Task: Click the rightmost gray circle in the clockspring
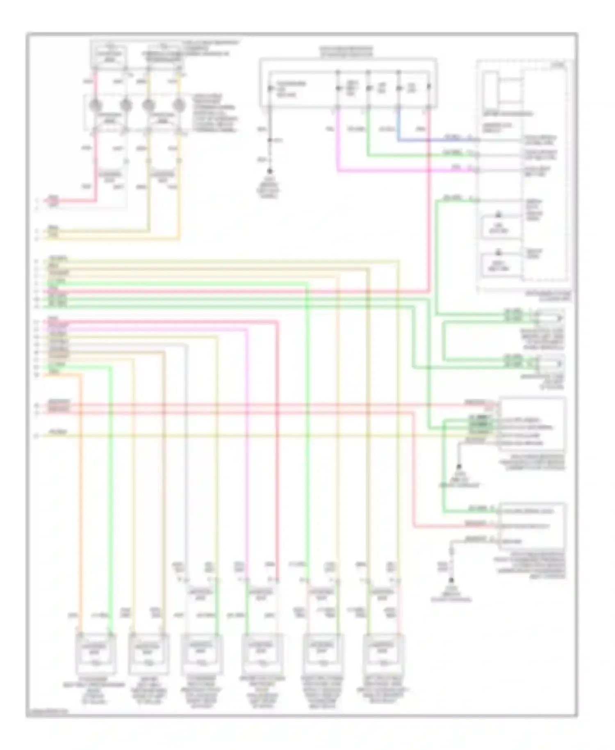coord(178,105)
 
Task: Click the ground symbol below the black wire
coord(270,171)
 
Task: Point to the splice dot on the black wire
coord(270,140)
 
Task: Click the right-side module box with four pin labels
coord(532,423)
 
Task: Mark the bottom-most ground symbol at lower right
coord(451,582)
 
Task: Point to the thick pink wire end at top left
coord(53,201)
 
